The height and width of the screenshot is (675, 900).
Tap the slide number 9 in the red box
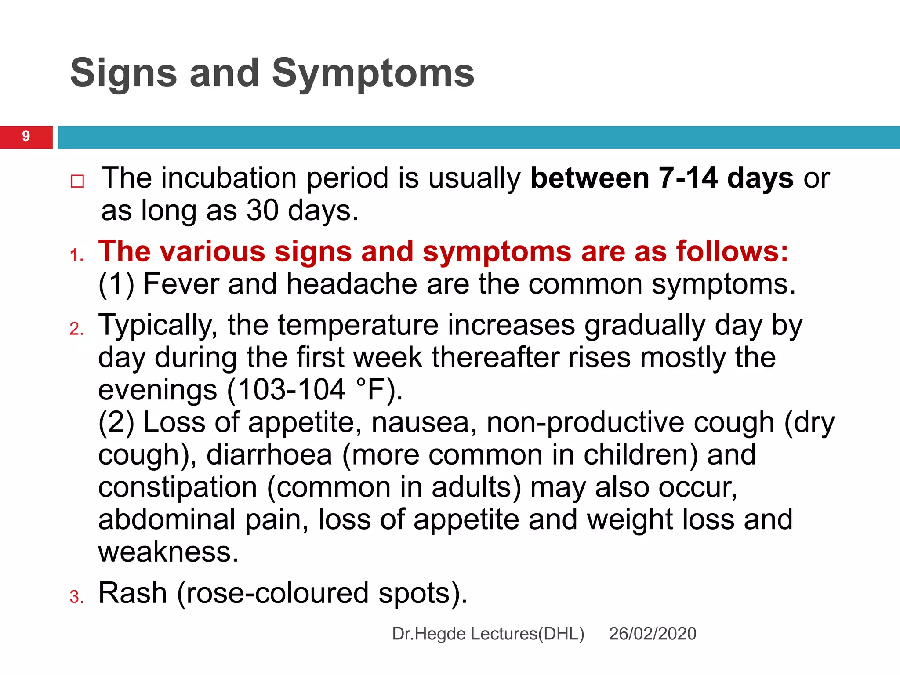[26, 136]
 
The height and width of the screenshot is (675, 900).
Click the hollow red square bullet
[77, 181]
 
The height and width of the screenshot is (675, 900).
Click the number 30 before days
[262, 210]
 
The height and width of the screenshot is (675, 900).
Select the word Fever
[181, 284]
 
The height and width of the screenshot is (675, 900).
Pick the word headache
[351, 284]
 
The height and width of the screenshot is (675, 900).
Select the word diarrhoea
[269, 455]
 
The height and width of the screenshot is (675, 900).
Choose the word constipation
[178, 487]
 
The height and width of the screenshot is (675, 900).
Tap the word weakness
[168, 552]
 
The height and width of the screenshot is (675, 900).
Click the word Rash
[132, 593]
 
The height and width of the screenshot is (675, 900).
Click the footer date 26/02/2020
[652, 634]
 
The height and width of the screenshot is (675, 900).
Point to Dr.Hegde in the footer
[428, 634]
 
